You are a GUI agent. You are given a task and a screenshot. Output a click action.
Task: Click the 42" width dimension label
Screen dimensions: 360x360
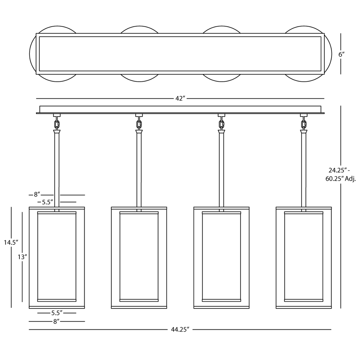(x=180, y=99)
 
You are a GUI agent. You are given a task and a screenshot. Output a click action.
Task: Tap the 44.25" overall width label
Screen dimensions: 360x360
(x=180, y=329)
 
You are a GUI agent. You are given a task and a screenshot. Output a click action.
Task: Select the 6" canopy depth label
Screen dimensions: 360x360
(x=342, y=54)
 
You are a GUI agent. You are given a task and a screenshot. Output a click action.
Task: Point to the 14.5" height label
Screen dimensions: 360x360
(x=11, y=242)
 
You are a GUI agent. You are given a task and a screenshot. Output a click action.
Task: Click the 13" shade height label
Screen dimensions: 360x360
(x=22, y=257)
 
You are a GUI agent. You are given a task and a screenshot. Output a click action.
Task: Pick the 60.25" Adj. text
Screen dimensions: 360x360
(x=341, y=179)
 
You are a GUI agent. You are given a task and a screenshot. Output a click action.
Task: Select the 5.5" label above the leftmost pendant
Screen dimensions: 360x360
(x=48, y=202)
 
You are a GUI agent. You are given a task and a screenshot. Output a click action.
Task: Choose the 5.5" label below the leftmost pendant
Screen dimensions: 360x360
(x=57, y=313)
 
